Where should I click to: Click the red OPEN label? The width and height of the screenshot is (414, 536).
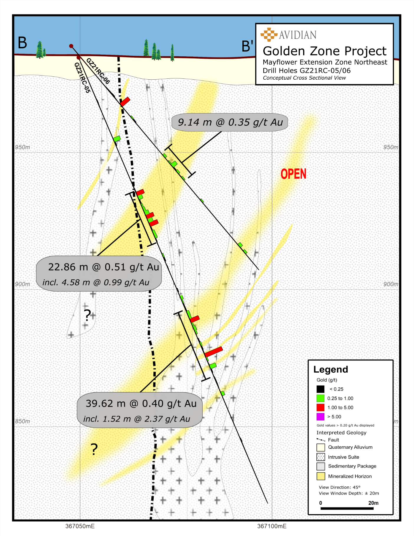pos(293,174)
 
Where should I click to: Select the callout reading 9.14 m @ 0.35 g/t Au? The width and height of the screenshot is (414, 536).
pos(230,122)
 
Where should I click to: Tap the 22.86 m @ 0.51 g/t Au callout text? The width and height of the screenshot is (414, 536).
pos(103,267)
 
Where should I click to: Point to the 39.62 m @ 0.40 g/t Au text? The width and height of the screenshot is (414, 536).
pos(141,404)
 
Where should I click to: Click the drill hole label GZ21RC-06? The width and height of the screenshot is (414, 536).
pos(98,71)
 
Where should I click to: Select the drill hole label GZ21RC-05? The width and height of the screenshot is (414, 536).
pos(82,78)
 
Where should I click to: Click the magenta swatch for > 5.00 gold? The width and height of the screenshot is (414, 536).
pos(321,417)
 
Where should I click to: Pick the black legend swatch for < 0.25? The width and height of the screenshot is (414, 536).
pos(321,389)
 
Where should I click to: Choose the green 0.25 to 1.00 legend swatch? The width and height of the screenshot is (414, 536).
pos(321,398)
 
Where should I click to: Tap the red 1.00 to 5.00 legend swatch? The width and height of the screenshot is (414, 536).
pos(321,407)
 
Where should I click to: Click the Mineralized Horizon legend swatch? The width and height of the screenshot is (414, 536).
pos(321,476)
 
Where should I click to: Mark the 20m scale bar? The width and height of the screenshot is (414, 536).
pos(347,508)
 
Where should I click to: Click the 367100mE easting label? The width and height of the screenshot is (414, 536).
pos(272,526)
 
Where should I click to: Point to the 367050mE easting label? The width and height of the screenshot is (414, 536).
pos(80,526)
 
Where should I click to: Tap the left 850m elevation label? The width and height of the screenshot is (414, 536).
pos(22,421)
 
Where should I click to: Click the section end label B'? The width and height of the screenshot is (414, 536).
pos(247,46)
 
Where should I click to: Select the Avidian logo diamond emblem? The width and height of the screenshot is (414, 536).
pos(269,35)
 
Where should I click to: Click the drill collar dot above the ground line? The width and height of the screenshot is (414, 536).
pos(71,46)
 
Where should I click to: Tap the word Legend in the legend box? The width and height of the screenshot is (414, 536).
pos(331,369)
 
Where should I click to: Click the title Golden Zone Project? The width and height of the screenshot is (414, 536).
pos(324,51)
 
